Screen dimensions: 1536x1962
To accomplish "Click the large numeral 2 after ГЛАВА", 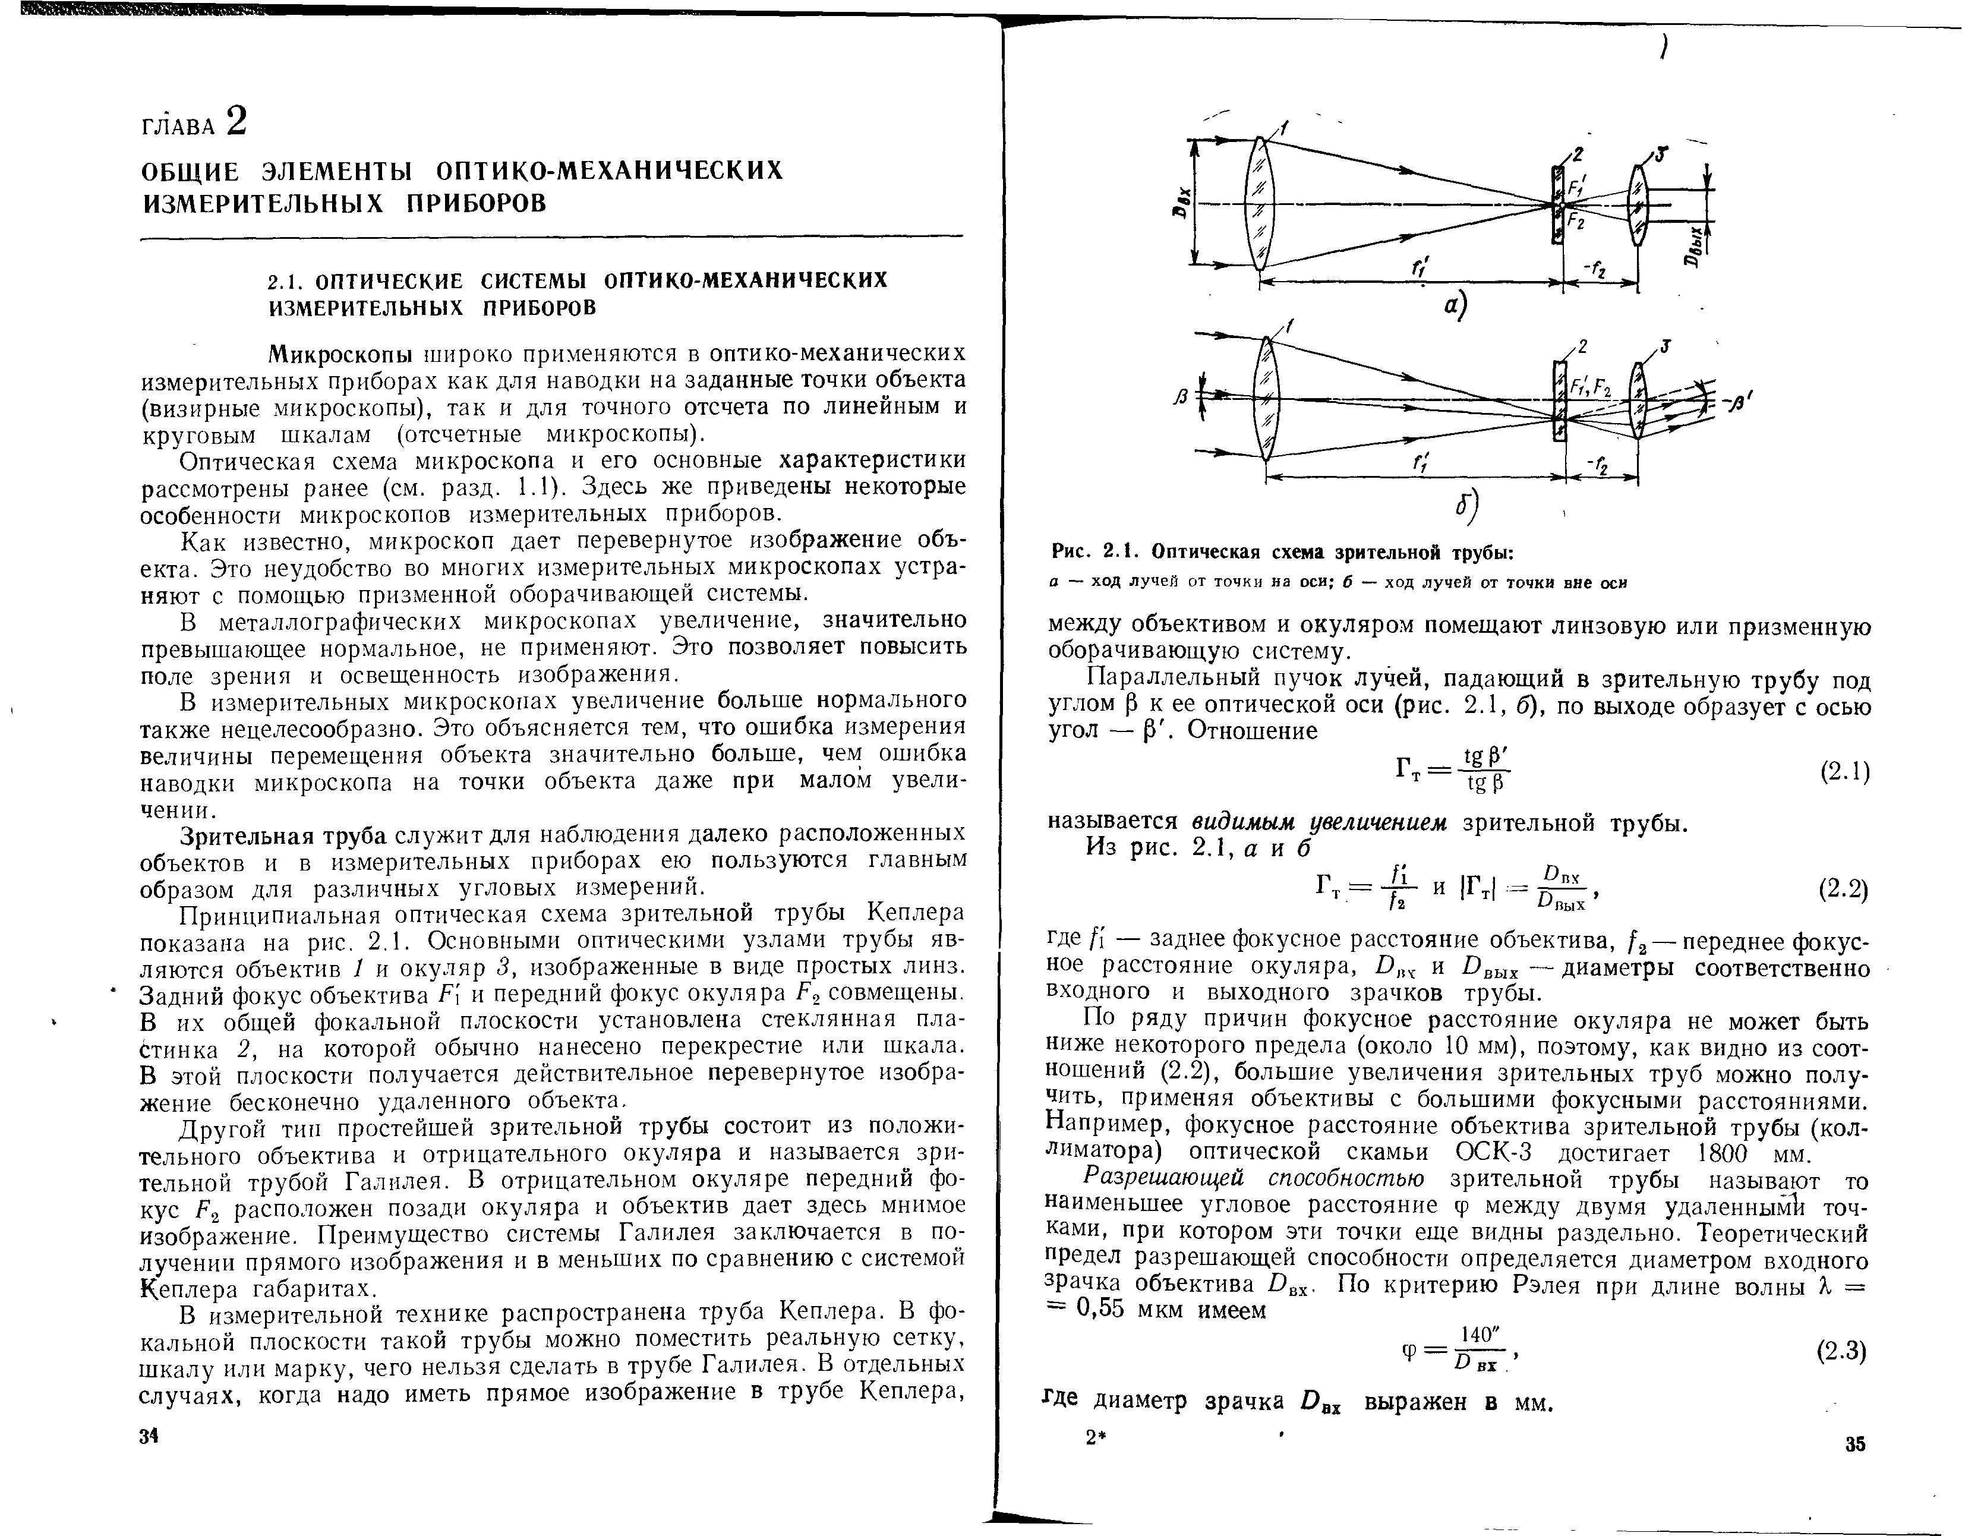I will point(235,121).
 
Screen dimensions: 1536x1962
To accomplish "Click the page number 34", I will point(149,1437).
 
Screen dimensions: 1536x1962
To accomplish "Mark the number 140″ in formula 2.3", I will point(1479,1335).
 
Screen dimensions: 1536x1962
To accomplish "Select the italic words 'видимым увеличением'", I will point(1320,823).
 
